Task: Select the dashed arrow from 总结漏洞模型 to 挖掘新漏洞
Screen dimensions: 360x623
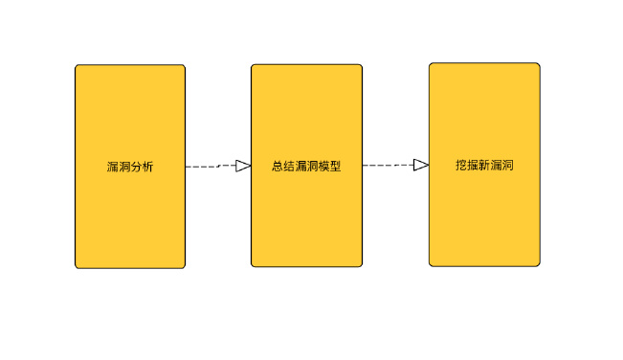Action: [x=388, y=166]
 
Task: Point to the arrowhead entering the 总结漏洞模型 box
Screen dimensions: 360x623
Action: [x=243, y=166]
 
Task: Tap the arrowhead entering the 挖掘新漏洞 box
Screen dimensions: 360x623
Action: [x=421, y=165]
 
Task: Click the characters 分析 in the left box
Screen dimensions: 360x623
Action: [x=142, y=167]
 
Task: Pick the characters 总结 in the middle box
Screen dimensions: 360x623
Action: [x=283, y=166]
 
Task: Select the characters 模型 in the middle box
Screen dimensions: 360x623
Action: [x=329, y=166]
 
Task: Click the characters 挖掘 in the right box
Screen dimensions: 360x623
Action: [x=467, y=165]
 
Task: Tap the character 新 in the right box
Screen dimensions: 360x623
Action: [x=484, y=165]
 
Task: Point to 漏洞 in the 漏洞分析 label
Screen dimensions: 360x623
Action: [x=119, y=167]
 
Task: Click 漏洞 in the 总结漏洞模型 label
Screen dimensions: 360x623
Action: [x=306, y=166]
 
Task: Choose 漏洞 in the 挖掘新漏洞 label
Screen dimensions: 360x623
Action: [x=501, y=165]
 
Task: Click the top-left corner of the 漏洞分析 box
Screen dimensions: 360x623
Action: [x=77, y=66]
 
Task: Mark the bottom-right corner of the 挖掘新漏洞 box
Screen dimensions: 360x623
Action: [x=539, y=265]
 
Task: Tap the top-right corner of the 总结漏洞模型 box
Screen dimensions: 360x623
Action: [x=362, y=65]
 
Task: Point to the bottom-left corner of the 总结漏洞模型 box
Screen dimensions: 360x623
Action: [x=253, y=266]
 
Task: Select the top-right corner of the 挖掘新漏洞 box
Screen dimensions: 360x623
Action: [x=539, y=64]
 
